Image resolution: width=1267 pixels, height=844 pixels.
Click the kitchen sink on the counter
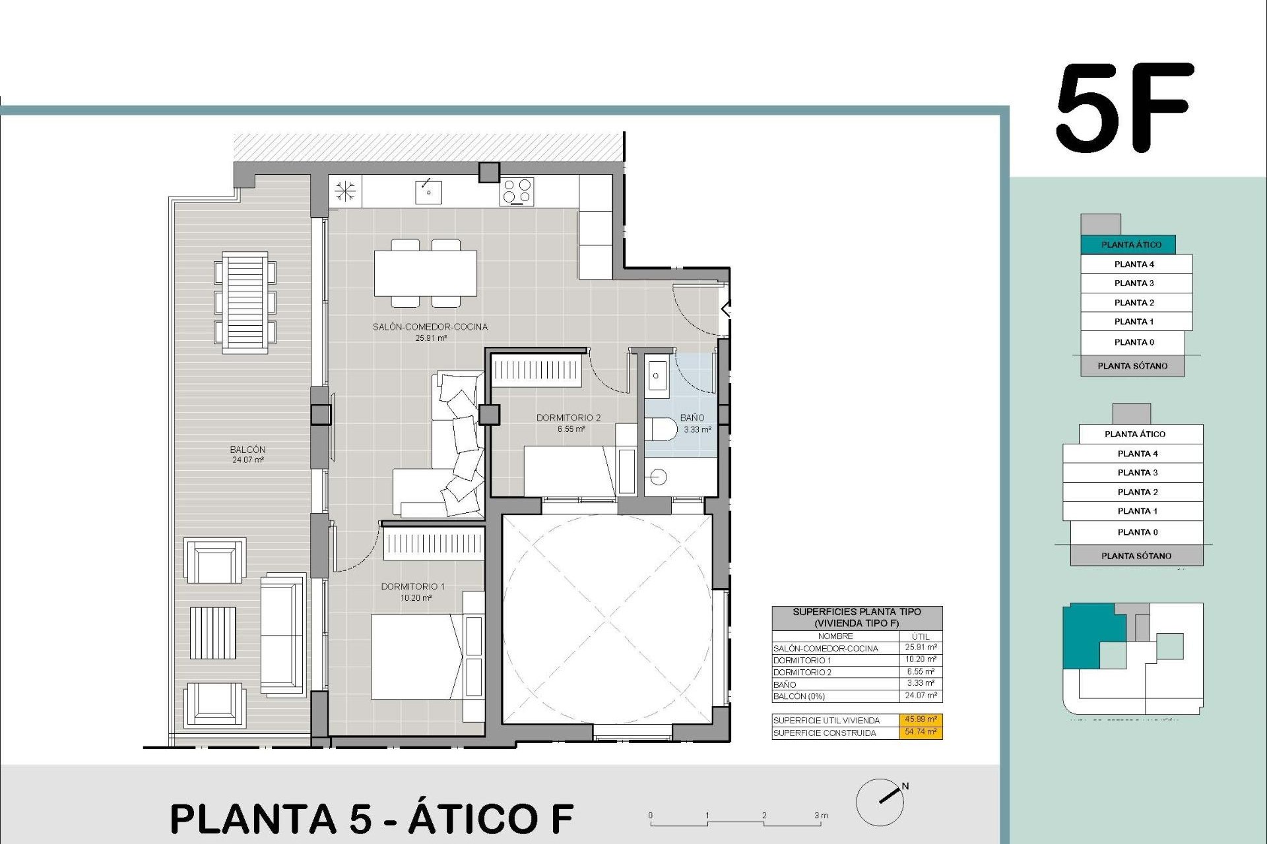(428, 192)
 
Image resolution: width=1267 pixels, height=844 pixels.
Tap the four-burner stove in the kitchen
(517, 192)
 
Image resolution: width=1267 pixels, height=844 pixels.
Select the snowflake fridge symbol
(345, 192)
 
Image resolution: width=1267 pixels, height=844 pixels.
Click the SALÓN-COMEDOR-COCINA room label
(430, 327)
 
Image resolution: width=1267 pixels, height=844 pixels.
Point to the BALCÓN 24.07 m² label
(248, 454)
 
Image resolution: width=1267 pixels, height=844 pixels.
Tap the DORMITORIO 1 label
(413, 587)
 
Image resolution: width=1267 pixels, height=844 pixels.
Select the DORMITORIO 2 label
(568, 418)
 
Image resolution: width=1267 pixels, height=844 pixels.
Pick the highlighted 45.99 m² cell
(921, 719)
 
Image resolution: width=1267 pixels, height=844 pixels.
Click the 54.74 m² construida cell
(921, 732)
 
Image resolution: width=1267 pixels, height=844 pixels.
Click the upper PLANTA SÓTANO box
(1132, 366)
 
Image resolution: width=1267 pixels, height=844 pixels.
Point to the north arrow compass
(880, 802)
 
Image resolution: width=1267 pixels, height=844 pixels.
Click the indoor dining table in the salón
(426, 274)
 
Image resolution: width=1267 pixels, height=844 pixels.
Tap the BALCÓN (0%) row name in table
(799, 696)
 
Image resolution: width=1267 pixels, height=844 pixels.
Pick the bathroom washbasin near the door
(656, 377)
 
